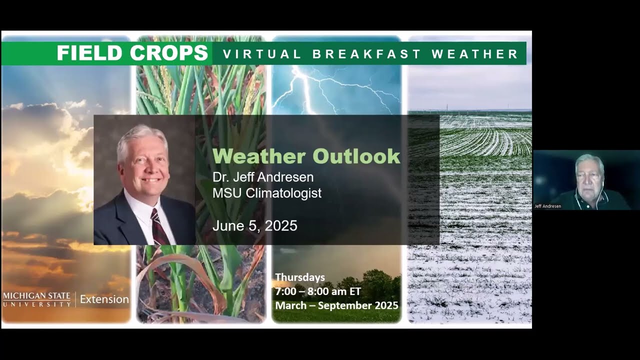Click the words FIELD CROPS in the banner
132,53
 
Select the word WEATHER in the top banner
474,54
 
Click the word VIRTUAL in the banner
262,54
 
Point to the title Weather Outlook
306,156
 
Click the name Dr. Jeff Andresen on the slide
263,177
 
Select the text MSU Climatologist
267,193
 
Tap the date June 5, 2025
255,226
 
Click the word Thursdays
300,277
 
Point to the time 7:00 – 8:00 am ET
318,291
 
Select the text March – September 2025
336,305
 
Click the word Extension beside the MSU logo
104,299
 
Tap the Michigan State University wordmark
37,299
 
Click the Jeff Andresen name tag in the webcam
548,206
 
